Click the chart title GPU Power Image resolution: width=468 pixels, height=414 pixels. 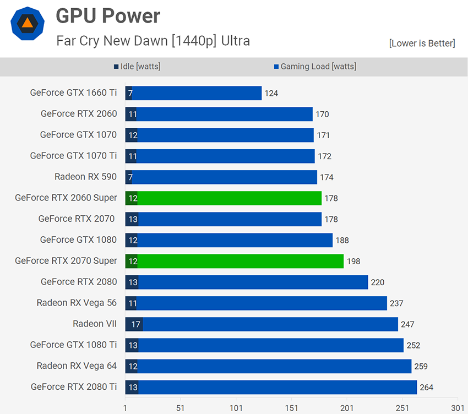pos(108,16)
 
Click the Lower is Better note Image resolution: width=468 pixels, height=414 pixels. pos(422,43)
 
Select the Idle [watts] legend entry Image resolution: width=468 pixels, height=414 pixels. pos(137,67)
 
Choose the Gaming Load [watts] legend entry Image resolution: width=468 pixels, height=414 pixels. pos(314,67)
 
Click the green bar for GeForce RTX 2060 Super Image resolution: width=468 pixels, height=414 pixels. pos(229,198)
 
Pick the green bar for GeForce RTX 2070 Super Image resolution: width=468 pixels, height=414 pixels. pos(240,261)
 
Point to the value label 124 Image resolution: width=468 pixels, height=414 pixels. pos(271,94)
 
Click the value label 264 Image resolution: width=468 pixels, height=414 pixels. pos(426,388)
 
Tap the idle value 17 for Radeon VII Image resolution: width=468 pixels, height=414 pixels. pos(135,324)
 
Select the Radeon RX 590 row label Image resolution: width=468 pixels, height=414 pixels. pos(85,177)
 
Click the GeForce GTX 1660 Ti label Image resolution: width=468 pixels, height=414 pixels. pos(73,93)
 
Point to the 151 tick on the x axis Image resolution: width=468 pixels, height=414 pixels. pos(292,408)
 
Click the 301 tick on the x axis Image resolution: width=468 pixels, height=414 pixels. pos(458,408)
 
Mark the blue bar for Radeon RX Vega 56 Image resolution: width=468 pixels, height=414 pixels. pos(262,303)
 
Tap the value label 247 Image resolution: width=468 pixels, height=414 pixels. pos(407,325)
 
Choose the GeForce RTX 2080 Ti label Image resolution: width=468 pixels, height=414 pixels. pos(74,387)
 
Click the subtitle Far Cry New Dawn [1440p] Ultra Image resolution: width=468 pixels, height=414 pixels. pos(153,41)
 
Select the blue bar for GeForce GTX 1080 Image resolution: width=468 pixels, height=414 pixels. pos(235,240)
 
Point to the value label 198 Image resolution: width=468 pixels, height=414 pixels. pos(353,262)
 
